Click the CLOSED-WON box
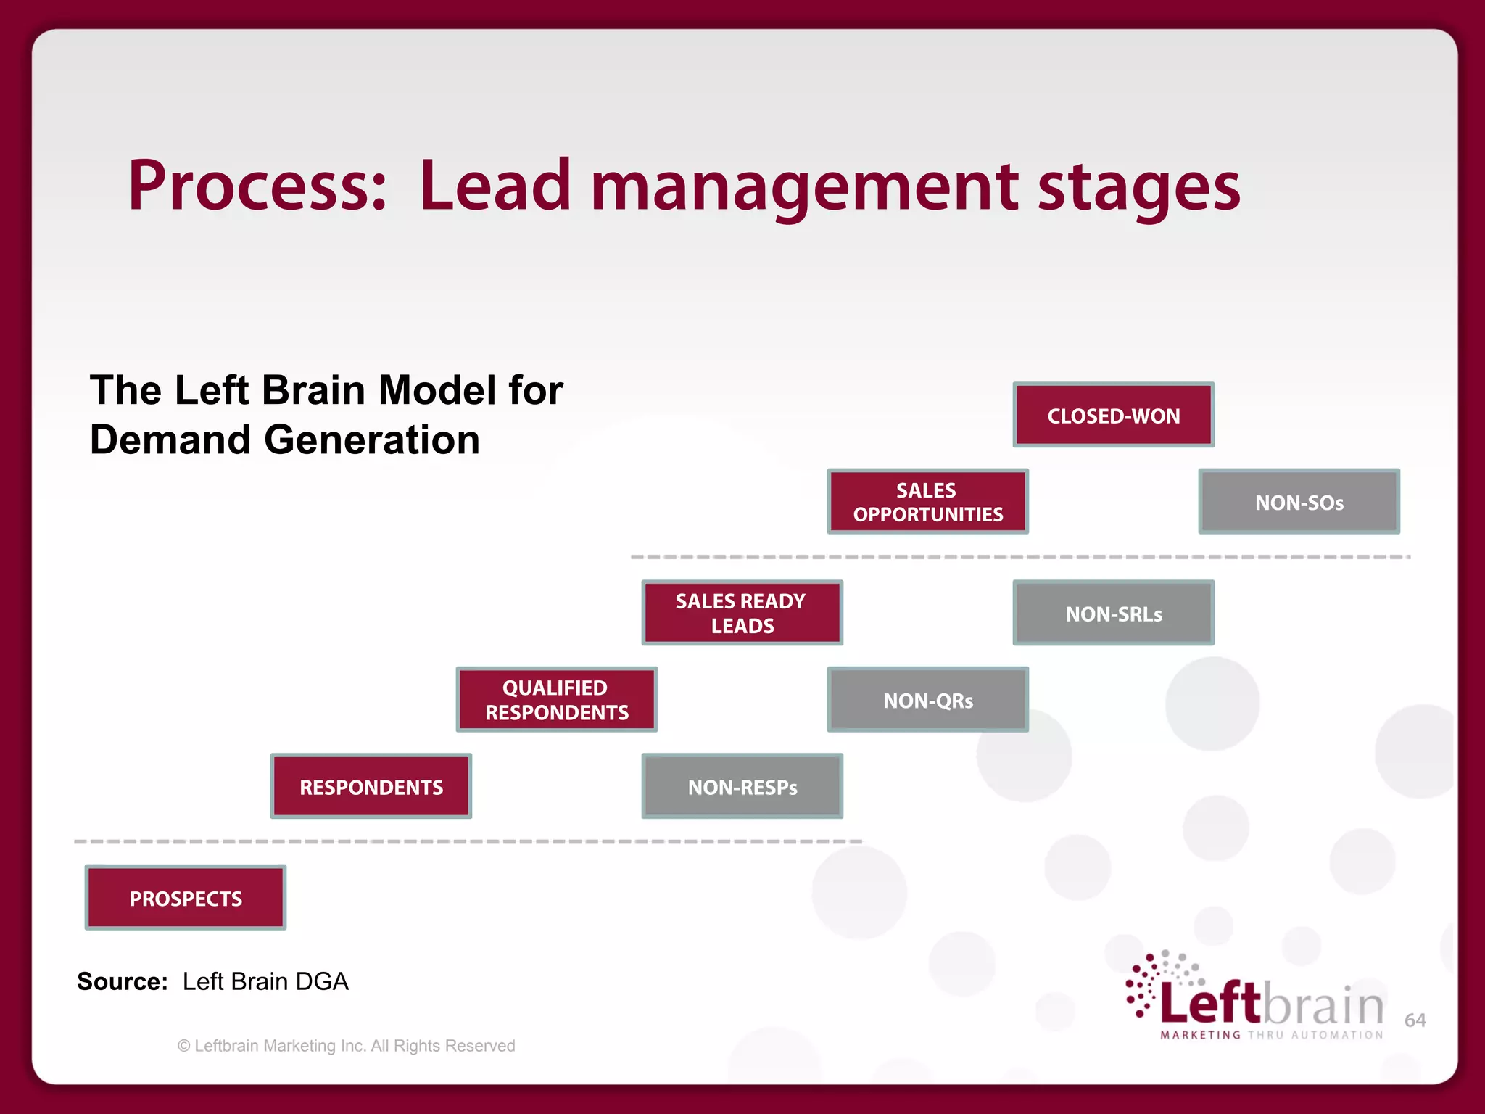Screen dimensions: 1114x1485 [1113, 415]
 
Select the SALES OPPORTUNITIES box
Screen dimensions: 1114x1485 [927, 502]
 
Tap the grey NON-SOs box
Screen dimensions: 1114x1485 [1299, 502]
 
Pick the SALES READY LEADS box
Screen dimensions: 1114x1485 [742, 613]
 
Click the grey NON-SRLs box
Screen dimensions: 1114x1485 [1113, 614]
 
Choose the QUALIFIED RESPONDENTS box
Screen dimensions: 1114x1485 [556, 700]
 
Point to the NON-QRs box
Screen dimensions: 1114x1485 [927, 700]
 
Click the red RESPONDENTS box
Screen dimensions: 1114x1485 [371, 787]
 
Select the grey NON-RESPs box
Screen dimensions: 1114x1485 [742, 787]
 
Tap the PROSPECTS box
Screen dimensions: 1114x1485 [186, 898]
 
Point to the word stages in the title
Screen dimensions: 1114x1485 [1138, 189]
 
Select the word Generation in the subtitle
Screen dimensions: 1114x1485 [371, 440]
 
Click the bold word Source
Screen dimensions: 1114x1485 [122, 981]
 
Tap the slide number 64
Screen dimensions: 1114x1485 [1415, 1020]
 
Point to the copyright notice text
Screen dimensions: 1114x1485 [347, 1046]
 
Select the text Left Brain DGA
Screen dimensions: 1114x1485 [265, 981]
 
